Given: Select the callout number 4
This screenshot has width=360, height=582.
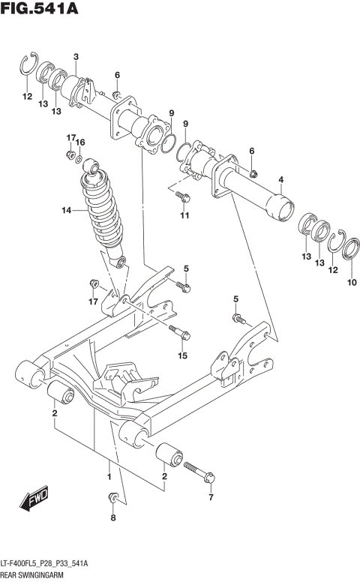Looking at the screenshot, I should [280, 179].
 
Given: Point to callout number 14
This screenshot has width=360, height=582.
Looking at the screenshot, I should [66, 211].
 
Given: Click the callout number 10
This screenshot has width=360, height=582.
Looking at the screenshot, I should [352, 283].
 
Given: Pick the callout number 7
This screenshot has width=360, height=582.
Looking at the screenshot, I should [211, 497].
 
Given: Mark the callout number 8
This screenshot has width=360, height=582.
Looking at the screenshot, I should [113, 517].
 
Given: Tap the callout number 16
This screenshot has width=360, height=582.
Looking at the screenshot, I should [81, 142].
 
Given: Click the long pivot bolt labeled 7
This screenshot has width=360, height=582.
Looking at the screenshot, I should [197, 473].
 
